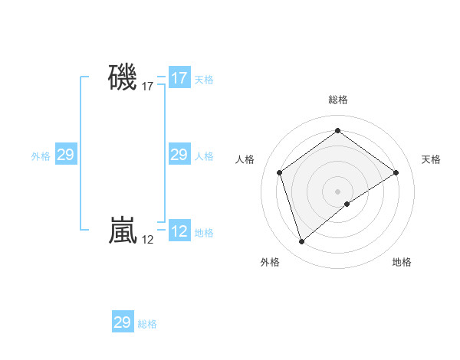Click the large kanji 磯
(x=123, y=77)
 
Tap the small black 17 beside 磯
(x=148, y=87)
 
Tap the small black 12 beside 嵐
(x=148, y=241)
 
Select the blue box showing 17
(x=179, y=78)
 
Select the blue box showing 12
(x=179, y=231)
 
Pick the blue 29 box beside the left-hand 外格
(x=65, y=155)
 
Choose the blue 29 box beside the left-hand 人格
(x=179, y=155)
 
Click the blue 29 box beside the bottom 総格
(x=123, y=322)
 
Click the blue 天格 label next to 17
(x=204, y=80)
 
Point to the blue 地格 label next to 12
(x=204, y=233)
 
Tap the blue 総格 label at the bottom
(x=147, y=324)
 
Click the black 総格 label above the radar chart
(x=337, y=100)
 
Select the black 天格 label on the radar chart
(x=431, y=159)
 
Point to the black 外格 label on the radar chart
(x=270, y=262)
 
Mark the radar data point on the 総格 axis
(x=337, y=131)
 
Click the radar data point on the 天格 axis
(x=396, y=172)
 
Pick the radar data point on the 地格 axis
(x=347, y=204)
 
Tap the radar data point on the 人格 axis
(x=279, y=172)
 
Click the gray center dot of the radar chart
(x=337, y=191)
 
